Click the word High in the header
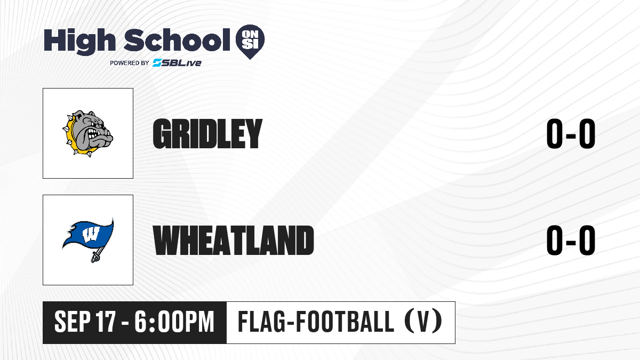tap(79, 41)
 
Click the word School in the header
tap(177, 39)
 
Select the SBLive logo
tap(177, 62)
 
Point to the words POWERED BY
tap(130, 63)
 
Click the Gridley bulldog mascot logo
tap(87, 133)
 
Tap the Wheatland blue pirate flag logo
tap(88, 240)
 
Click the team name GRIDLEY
tap(207, 134)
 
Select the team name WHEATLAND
tap(234, 240)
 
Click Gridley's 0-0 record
tap(571, 134)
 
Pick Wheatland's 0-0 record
tap(571, 240)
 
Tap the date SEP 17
tap(85, 322)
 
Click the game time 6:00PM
tap(174, 322)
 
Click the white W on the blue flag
tap(91, 234)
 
